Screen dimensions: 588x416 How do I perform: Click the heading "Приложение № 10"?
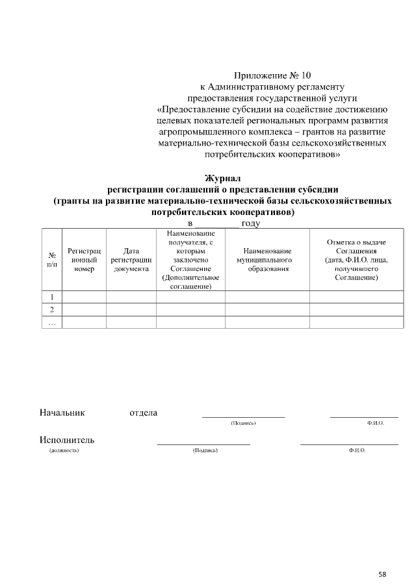click(x=266, y=76)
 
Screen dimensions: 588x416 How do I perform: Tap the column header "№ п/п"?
click(x=52, y=260)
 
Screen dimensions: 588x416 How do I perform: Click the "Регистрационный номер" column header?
click(x=84, y=260)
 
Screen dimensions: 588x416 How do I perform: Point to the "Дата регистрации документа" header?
click(x=131, y=260)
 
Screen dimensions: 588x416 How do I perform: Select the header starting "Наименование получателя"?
click(x=190, y=260)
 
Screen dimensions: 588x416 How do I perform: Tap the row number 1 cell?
click(x=52, y=297)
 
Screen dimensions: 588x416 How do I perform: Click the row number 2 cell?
click(x=52, y=309)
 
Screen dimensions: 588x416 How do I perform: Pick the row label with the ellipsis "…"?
click(x=52, y=322)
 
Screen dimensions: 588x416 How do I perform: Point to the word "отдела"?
click(x=143, y=413)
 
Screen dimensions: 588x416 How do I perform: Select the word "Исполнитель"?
click(x=67, y=440)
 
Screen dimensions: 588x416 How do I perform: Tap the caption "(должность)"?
click(x=64, y=450)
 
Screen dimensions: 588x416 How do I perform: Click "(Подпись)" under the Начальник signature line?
click(x=243, y=423)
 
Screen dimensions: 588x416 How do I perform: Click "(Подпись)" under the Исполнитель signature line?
click(x=205, y=450)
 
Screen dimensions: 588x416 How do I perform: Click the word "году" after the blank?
click(x=251, y=224)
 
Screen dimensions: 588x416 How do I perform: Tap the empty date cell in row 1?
click(x=131, y=297)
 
